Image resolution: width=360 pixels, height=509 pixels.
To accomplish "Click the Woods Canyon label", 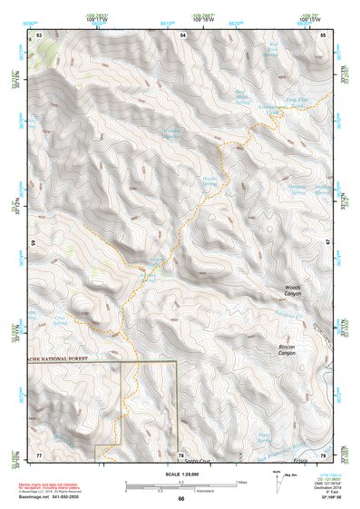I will (x=292, y=291).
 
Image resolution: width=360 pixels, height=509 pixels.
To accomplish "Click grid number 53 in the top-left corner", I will (x=39, y=35).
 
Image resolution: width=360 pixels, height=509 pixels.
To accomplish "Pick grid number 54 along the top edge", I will (x=182, y=35).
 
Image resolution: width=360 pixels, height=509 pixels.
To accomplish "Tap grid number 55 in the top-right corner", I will (x=323, y=35).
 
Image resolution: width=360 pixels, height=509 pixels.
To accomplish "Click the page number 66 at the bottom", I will (x=181, y=498).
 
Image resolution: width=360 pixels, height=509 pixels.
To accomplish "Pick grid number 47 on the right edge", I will (x=329, y=242).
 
